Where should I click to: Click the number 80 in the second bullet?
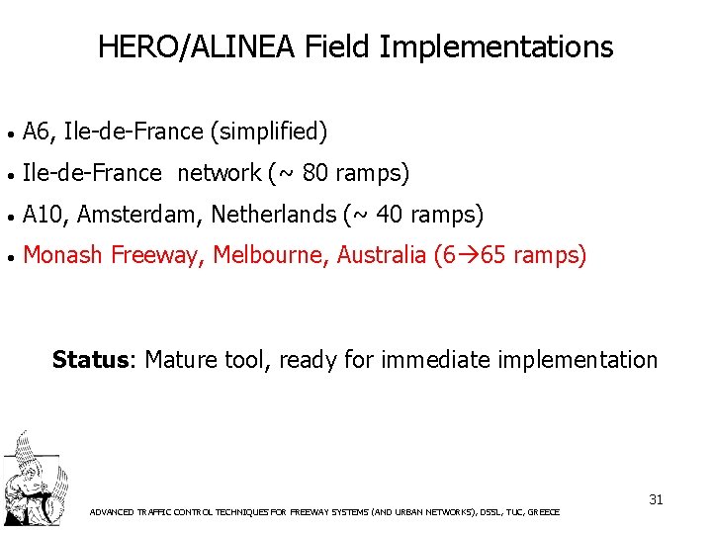pyautogui.click(x=316, y=174)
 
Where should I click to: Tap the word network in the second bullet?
pyautogui.click(x=219, y=174)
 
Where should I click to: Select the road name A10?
pyautogui.click(x=43, y=215)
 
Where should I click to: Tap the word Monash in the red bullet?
pyautogui.click(x=62, y=256)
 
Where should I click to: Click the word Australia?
pyautogui.click(x=381, y=256)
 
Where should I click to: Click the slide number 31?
pyautogui.click(x=656, y=499)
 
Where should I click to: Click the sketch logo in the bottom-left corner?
pyautogui.click(x=33, y=479)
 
